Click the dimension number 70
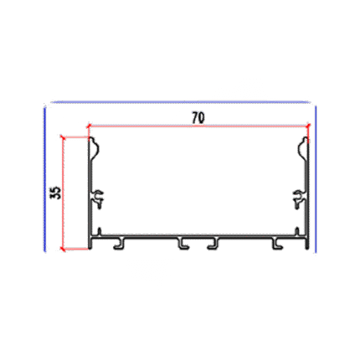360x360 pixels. (x=198, y=118)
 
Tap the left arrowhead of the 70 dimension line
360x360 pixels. (x=89, y=126)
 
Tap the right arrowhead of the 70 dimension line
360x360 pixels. (x=307, y=126)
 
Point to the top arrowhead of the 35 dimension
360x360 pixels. (x=63, y=137)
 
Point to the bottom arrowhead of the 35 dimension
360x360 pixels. (x=63, y=249)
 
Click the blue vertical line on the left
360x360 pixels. (x=44, y=179)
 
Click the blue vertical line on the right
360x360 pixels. (x=316, y=179)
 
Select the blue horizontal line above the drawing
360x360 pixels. (x=181, y=102)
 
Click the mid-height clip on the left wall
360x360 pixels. (x=98, y=199)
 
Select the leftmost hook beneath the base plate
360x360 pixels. (x=120, y=244)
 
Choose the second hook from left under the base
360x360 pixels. (x=183, y=244)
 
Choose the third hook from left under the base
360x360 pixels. (x=213, y=244)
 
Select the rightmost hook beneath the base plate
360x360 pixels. (x=277, y=244)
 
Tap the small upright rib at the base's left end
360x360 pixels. (x=100, y=232)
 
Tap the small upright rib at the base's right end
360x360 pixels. (x=297, y=232)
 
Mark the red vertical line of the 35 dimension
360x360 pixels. (x=63, y=193)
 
